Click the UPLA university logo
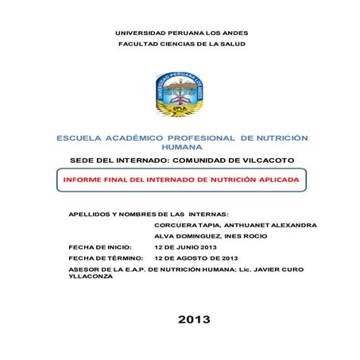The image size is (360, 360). click(179, 95)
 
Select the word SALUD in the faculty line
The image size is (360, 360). click(232, 44)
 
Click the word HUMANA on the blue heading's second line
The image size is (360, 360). click(182, 148)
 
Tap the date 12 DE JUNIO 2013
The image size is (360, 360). click(185, 247)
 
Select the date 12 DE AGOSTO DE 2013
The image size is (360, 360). click(196, 258)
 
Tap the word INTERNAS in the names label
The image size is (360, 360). click(207, 214)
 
